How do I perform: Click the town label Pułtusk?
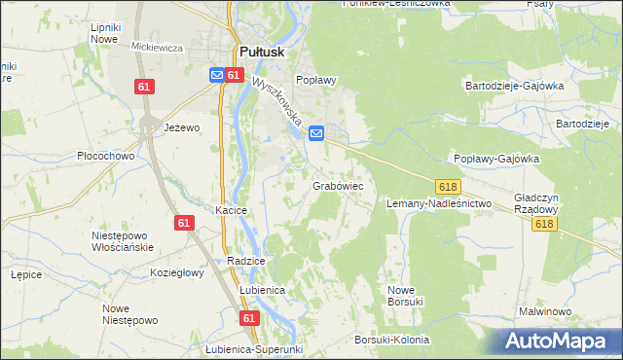point(260,54)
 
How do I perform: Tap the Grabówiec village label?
point(338,184)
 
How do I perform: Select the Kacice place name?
point(232,210)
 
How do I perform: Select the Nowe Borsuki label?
point(405,296)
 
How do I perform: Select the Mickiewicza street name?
point(158,47)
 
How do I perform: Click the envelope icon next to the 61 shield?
point(217,74)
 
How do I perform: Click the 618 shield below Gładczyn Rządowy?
point(544,225)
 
